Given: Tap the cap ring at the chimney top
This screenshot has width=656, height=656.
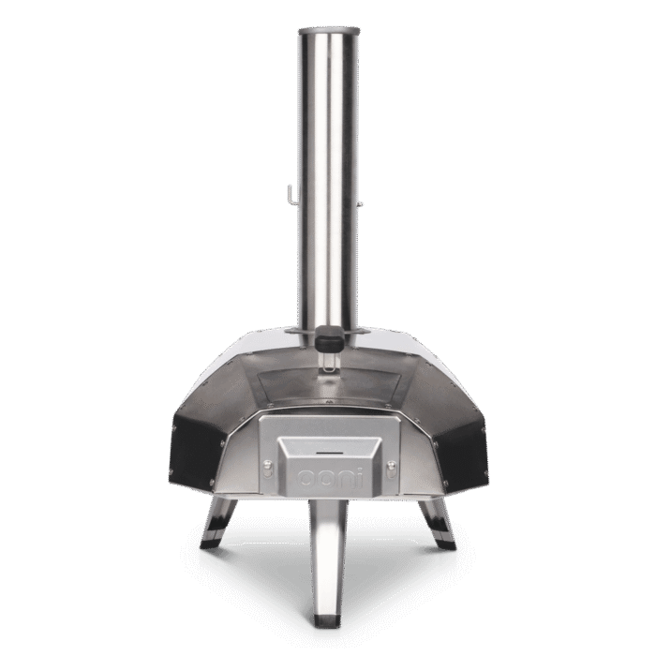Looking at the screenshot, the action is (328, 32).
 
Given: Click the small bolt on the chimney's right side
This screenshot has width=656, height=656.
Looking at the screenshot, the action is (360, 204).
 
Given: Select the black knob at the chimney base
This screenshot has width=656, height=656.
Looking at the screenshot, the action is (329, 337).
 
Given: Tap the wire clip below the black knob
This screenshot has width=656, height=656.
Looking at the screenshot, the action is (329, 362).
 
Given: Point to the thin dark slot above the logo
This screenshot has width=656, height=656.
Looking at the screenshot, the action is (328, 453).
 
